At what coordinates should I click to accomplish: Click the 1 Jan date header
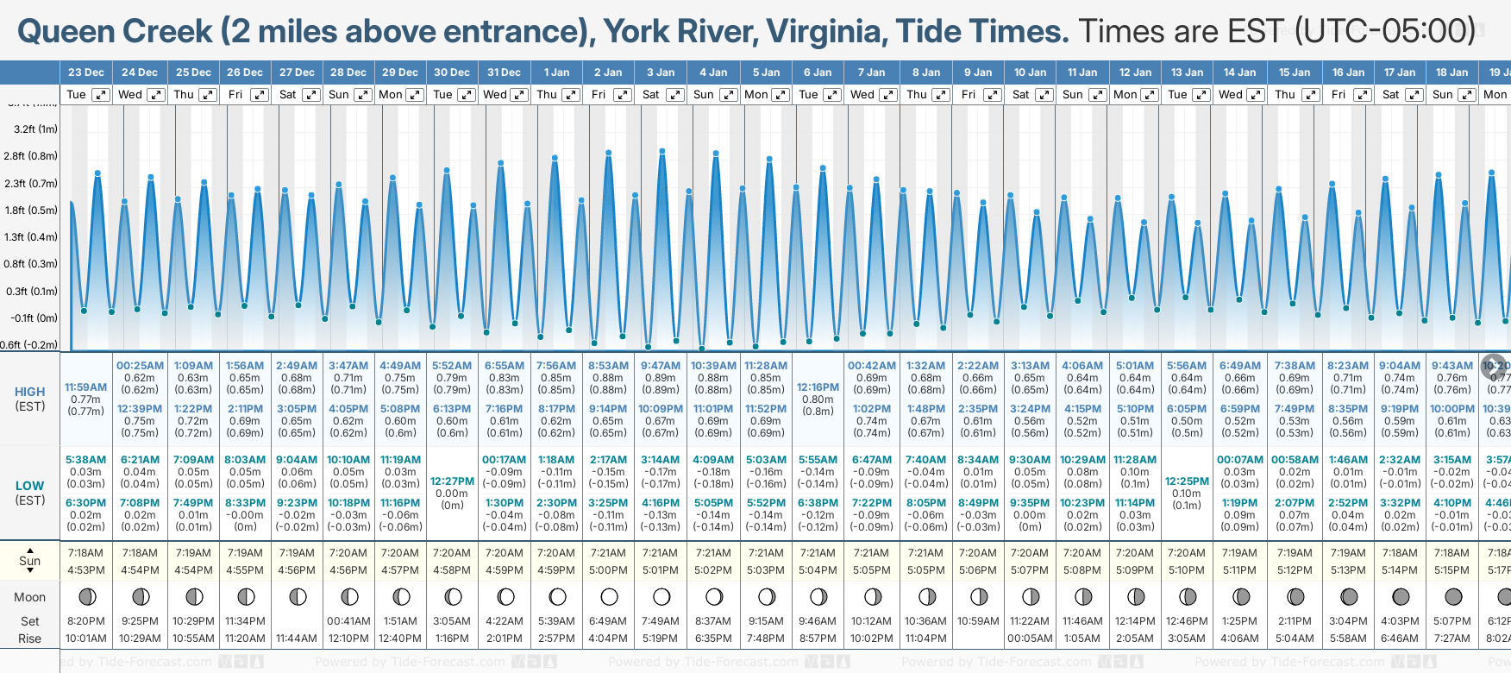555,72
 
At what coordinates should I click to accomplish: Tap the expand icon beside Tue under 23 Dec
101,95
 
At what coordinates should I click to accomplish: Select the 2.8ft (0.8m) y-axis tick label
30,156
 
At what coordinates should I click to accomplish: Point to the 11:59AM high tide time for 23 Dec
86,387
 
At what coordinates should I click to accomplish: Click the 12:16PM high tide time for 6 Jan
818,387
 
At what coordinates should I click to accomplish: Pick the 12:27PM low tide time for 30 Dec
452,481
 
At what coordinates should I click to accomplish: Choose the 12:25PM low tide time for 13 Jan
1187,481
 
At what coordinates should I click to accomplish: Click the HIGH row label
30,392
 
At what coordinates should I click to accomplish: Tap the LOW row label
30,486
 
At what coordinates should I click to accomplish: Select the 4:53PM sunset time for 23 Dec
86,570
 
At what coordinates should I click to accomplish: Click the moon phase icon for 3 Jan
661,596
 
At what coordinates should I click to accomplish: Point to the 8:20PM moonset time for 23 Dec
86,621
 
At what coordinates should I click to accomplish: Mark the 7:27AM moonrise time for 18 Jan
1452,638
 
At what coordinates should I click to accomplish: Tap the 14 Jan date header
1240,72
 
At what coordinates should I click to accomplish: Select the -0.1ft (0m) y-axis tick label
34,318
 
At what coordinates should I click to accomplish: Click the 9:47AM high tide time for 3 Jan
661,366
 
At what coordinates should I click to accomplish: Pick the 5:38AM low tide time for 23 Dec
86,460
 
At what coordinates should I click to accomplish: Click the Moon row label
30,597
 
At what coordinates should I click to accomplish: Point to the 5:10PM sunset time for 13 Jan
1187,570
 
